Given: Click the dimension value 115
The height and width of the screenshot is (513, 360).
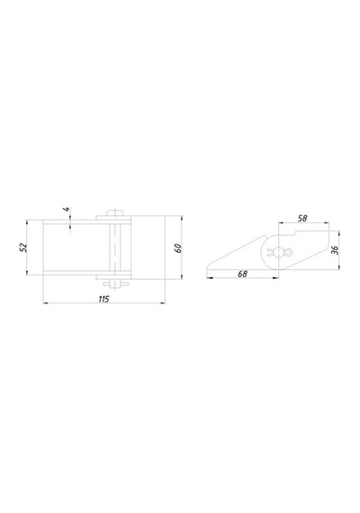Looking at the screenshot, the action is (x=103, y=299).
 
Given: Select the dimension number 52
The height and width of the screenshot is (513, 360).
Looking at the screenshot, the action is (x=23, y=247).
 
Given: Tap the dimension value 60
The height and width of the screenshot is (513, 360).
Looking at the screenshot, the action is (x=178, y=248).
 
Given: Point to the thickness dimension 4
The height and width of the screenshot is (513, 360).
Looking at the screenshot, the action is (x=67, y=209).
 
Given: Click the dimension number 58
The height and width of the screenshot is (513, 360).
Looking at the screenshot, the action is (x=302, y=218).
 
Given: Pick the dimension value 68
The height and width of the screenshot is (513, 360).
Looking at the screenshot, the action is (x=242, y=274).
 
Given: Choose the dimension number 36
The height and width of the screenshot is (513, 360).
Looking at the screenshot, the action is (x=335, y=250).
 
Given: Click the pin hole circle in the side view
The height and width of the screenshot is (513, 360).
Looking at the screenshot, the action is (x=278, y=252).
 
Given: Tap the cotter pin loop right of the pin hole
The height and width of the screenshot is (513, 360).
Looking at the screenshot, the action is (x=289, y=252).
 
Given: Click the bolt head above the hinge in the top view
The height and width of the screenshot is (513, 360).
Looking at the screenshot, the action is (x=114, y=212).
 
